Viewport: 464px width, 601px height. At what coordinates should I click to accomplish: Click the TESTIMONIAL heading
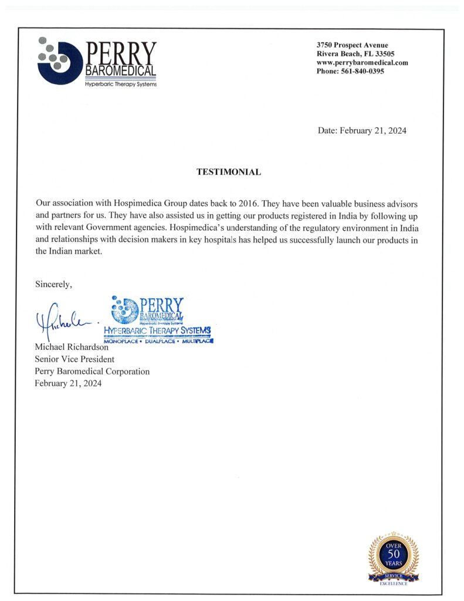pyautogui.click(x=228, y=173)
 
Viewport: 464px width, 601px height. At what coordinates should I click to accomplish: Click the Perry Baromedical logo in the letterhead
pyautogui.click(x=97, y=61)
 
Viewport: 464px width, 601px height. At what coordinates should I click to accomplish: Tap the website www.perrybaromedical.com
pyautogui.click(x=362, y=62)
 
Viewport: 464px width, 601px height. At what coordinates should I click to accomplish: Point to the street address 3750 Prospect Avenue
pyautogui.click(x=352, y=45)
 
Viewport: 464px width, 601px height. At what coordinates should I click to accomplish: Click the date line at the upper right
pyautogui.click(x=362, y=131)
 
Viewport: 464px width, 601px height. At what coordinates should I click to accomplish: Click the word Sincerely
pyautogui.click(x=53, y=285)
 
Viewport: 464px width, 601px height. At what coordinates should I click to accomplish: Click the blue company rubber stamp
pyautogui.click(x=158, y=320)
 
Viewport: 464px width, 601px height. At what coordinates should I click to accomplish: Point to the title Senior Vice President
pyautogui.click(x=74, y=359)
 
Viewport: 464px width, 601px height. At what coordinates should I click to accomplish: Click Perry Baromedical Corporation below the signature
pyautogui.click(x=92, y=371)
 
